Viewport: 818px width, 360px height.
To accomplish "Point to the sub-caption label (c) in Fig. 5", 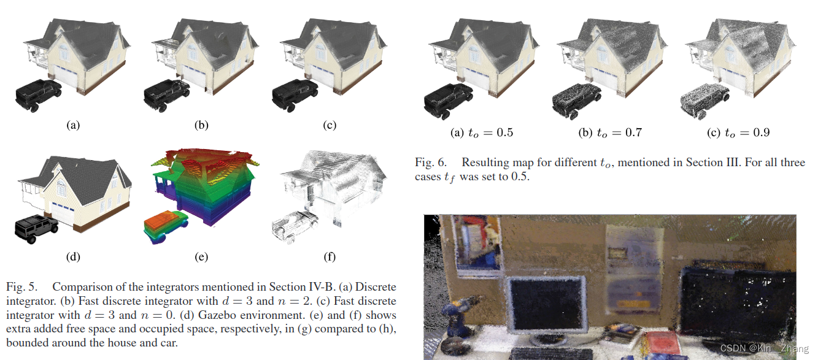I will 330,126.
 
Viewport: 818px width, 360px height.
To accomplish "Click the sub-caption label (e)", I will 201,257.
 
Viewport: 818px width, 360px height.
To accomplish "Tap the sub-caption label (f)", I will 330,257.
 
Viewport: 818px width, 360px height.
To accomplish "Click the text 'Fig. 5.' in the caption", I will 21,287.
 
